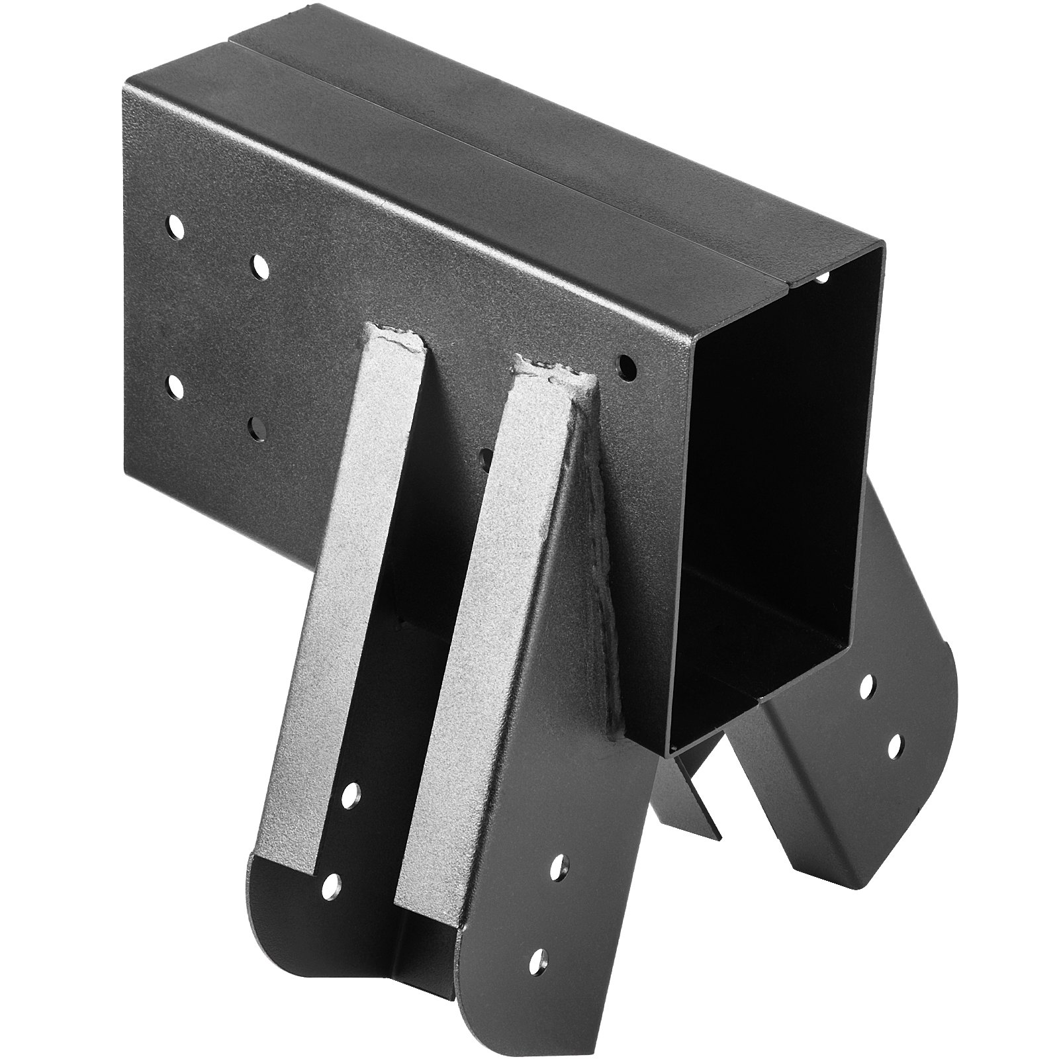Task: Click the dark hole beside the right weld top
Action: point(625,365)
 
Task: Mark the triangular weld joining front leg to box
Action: point(606,563)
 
